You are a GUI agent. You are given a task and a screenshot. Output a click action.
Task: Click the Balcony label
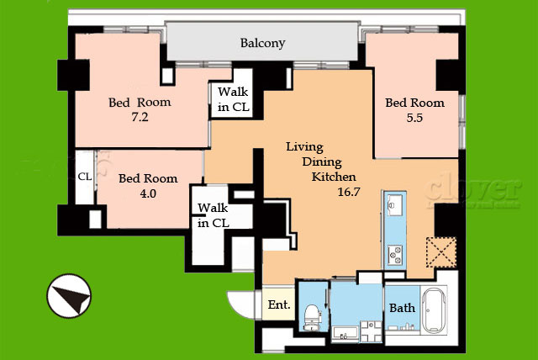click(262, 43)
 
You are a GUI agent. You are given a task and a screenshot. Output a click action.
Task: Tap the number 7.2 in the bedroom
click(140, 118)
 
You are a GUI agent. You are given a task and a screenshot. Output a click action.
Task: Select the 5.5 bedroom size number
click(414, 118)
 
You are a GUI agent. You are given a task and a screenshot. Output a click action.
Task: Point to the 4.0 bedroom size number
click(148, 194)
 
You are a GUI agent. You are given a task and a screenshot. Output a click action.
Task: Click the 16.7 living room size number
click(349, 192)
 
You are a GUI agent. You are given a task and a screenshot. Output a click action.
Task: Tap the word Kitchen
click(334, 177)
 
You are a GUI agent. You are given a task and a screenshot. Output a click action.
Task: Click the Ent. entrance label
click(279, 304)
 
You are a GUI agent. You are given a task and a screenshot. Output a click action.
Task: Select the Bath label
click(402, 308)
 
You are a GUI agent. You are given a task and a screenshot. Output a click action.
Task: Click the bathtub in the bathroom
click(434, 310)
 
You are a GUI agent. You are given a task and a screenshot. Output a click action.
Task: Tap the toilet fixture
click(312, 317)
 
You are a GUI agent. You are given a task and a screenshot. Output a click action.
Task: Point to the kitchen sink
click(394, 205)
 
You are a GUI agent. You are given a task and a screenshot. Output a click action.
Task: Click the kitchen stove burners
click(394, 255)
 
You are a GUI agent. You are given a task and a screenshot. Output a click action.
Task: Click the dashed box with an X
click(441, 252)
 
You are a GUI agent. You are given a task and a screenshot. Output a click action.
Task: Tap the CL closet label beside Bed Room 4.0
click(85, 177)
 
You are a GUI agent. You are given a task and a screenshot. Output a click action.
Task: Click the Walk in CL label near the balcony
click(234, 99)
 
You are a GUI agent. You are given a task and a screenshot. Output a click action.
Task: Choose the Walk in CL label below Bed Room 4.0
click(213, 215)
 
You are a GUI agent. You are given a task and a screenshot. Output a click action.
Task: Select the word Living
click(304, 147)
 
